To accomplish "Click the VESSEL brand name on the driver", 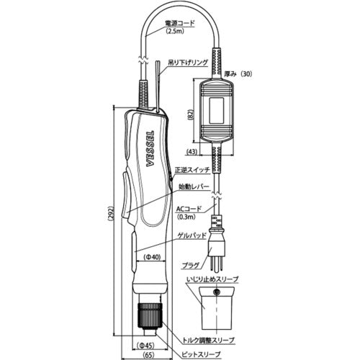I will [150, 151].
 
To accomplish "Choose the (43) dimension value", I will [194, 152].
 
